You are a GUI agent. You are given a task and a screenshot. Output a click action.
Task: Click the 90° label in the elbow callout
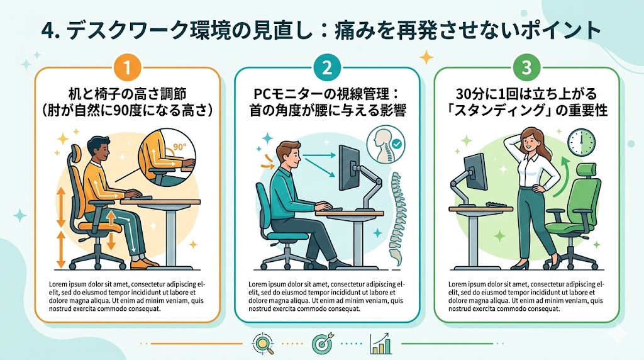pos(179,147)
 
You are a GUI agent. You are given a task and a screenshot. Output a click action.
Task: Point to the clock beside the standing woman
pos(582,142)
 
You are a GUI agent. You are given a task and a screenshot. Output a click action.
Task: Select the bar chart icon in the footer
pos(380,344)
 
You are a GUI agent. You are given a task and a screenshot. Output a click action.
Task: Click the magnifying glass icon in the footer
pos(264,344)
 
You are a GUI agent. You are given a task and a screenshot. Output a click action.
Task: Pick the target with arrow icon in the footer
pos(323,344)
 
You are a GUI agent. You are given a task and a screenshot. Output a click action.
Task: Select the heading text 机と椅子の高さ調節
pos(127,94)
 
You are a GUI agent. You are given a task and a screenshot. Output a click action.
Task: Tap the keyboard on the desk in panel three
pos(499,205)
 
